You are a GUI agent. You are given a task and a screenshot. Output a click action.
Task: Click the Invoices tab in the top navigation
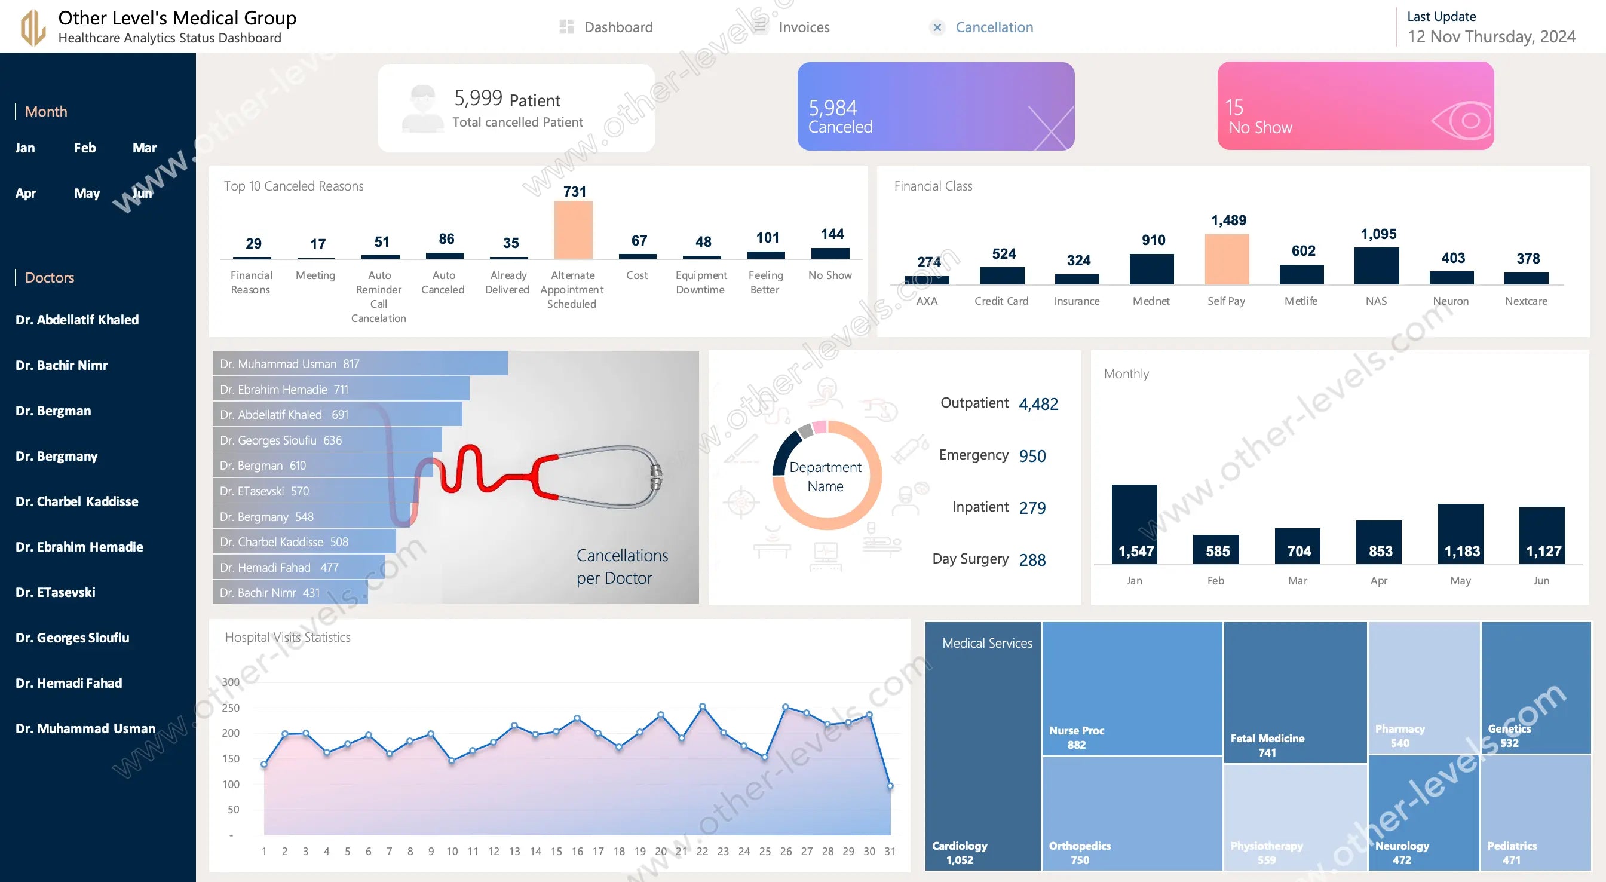click(x=803, y=27)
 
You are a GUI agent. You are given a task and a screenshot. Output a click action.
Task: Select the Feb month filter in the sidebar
click(x=85, y=148)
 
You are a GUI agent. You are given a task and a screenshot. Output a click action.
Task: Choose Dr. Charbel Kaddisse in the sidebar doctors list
click(x=76, y=501)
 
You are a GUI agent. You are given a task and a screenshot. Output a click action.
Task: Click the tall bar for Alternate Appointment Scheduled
click(x=573, y=229)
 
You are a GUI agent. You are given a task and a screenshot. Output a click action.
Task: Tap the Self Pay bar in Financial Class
click(x=1227, y=259)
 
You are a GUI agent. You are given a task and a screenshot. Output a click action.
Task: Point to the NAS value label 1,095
click(x=1378, y=234)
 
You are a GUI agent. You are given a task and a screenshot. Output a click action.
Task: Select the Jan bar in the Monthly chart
click(x=1134, y=524)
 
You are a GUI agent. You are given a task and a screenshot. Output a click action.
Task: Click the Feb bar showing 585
click(x=1215, y=549)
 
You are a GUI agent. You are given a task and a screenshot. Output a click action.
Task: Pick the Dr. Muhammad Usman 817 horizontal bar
click(x=360, y=364)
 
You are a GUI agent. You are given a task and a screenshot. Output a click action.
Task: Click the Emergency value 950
click(x=1032, y=456)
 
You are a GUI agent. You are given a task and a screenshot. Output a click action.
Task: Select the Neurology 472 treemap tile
click(x=1423, y=811)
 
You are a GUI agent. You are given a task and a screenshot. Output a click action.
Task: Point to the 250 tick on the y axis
click(x=231, y=708)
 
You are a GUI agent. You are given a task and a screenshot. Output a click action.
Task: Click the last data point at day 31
click(x=890, y=786)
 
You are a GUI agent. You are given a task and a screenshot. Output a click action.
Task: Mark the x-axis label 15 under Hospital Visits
click(x=556, y=852)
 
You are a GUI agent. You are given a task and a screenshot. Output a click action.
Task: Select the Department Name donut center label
click(x=825, y=476)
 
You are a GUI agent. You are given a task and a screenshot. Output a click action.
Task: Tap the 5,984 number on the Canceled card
click(x=832, y=108)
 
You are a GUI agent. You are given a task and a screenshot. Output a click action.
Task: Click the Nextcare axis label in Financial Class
click(x=1525, y=301)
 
